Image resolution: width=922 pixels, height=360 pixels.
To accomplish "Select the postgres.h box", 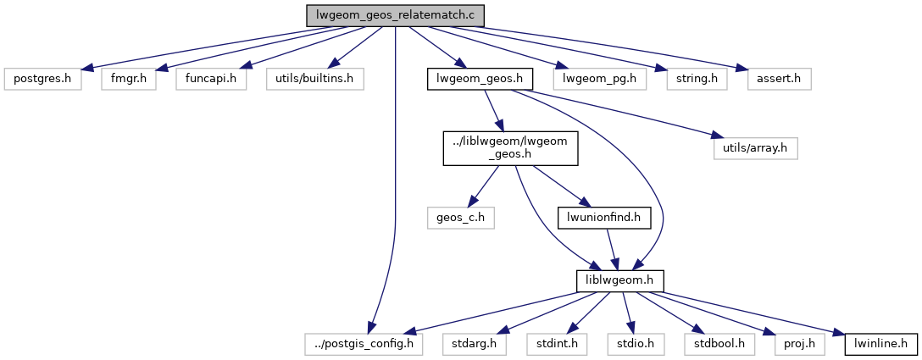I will (42, 80).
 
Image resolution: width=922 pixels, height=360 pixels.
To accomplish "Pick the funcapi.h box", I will (211, 80).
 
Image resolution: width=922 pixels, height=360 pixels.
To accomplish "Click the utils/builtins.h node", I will (315, 80).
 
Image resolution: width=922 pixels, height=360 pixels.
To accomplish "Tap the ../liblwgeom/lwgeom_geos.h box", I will (511, 148).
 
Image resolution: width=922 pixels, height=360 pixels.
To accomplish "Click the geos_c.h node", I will (461, 218).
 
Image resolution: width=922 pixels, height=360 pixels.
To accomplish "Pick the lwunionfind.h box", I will (603, 218).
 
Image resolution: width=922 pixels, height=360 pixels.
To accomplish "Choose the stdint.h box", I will (558, 343).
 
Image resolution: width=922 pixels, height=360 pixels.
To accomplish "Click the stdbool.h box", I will (719, 343).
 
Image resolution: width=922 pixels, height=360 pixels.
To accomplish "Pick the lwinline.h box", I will (880, 343).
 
